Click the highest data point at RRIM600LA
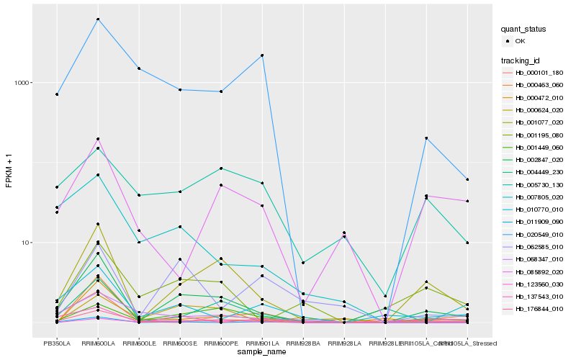coord(98,19)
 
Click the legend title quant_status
coord(524,30)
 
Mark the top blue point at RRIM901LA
coord(262,55)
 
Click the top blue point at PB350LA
coord(57,94)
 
